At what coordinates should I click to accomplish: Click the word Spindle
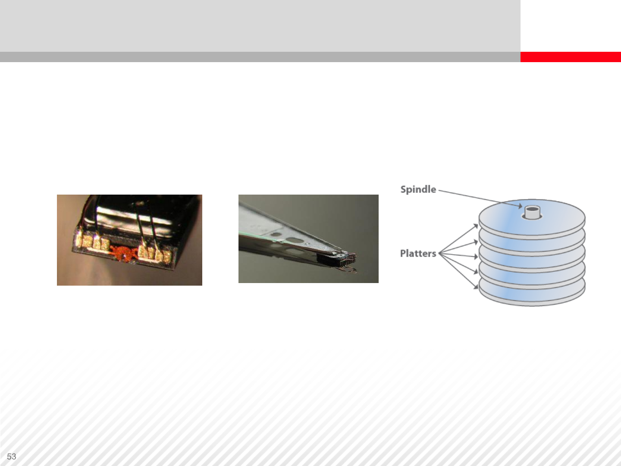418,189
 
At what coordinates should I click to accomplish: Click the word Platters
418,253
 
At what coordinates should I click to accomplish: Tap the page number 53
12,457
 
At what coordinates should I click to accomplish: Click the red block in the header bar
571,57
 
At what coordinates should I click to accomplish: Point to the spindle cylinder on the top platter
532,212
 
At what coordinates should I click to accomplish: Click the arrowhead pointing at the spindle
520,206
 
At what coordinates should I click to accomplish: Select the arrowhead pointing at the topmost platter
476,226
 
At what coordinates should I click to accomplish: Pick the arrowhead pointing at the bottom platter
476,287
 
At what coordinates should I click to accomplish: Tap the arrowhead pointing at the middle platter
476,257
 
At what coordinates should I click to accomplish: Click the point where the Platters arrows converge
439,254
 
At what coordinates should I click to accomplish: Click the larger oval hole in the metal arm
295,240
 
